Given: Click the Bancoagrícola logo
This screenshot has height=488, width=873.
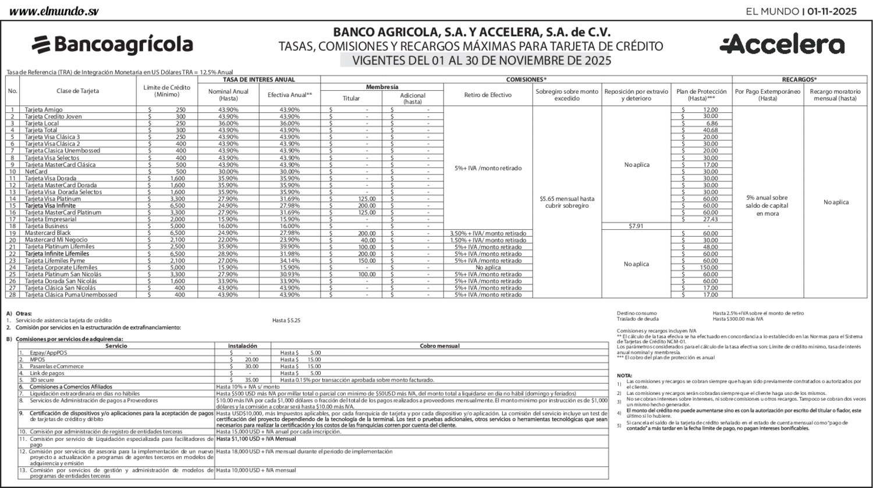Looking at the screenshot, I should coord(112,44).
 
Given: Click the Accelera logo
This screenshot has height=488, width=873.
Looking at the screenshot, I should coord(782,44).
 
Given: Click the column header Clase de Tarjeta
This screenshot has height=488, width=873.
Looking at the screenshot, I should coord(77,91).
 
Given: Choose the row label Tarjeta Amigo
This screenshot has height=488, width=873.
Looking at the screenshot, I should coord(44,110).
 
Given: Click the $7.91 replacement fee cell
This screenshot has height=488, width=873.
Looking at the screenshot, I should coord(636,226).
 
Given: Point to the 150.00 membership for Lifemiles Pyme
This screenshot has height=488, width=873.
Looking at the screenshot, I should coord(367,261).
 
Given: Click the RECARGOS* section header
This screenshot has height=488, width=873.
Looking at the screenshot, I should coord(799,79).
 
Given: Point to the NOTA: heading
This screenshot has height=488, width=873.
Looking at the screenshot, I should coord(624,376).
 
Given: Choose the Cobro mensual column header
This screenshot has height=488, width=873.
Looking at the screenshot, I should coord(439,346).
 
